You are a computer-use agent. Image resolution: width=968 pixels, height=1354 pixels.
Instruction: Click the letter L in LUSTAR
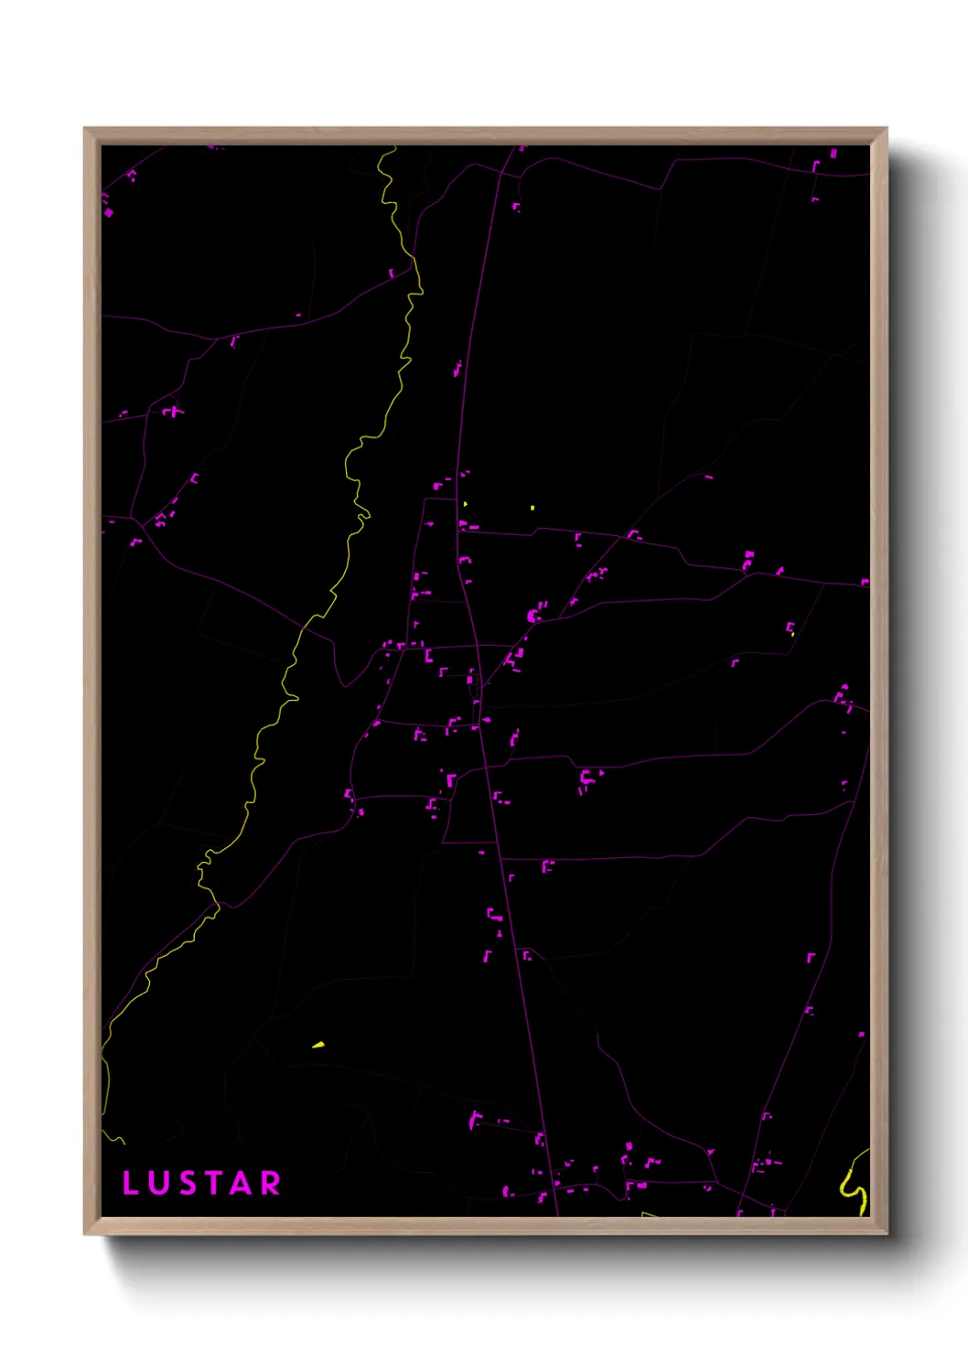(130, 1183)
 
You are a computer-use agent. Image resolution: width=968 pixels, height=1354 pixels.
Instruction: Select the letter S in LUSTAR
(185, 1183)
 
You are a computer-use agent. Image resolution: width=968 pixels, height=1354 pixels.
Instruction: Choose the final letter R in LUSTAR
(270, 1183)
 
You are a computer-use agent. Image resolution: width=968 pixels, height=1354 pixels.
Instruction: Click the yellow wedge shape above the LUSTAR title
(318, 1045)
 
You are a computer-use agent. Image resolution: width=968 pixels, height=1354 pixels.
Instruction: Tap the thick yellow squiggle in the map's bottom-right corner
(854, 1186)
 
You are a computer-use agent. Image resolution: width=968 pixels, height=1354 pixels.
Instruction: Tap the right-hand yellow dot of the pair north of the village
(532, 507)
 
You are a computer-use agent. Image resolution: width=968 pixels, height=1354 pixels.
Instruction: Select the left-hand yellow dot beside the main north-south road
(465, 503)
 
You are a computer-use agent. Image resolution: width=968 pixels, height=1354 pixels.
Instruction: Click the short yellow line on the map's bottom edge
(649, 1214)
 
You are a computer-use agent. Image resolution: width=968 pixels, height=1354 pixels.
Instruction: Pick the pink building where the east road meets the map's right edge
(865, 582)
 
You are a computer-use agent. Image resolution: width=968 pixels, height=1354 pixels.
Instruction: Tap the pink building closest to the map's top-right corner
(834, 153)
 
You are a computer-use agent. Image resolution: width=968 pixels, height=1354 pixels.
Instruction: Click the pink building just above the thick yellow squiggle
(861, 1035)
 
